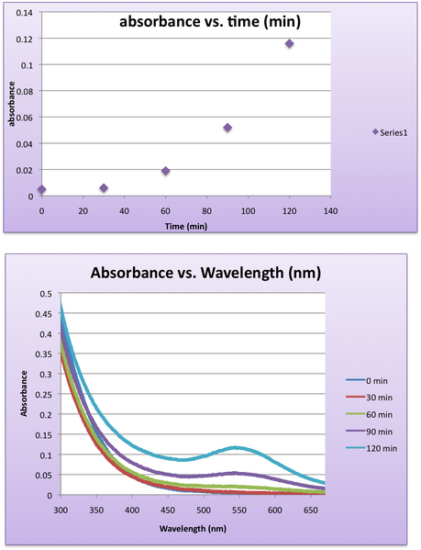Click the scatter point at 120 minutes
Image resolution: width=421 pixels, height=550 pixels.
289,44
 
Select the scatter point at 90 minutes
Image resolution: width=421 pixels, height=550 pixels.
227,128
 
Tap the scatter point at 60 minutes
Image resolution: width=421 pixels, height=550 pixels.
166,171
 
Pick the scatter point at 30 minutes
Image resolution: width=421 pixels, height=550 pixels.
104,188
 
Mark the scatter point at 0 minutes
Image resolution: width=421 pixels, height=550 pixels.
42,189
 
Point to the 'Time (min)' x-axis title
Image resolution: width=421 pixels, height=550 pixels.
186,225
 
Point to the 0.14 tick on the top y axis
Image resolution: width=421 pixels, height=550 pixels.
25,13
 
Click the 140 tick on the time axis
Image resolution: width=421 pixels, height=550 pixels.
330,210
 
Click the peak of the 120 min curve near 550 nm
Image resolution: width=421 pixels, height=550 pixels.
237,447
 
